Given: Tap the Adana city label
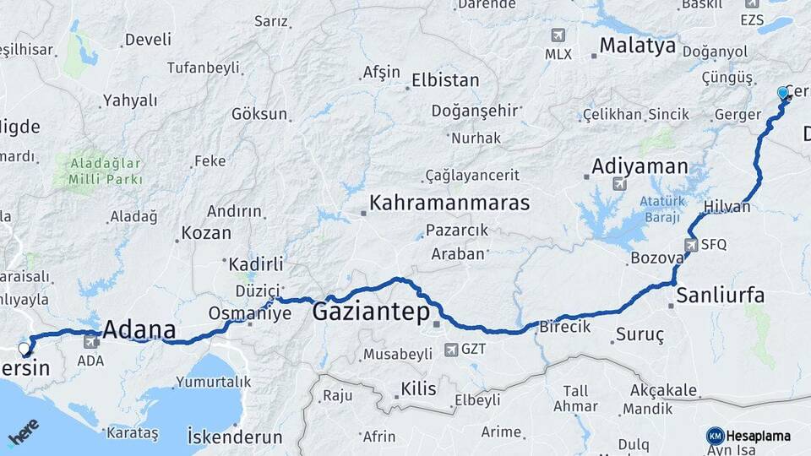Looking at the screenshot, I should point(139,329).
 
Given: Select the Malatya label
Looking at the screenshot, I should point(638,45).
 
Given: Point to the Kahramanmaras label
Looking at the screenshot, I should point(449,204).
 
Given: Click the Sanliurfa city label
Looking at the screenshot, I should point(721,296).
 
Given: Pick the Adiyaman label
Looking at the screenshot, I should point(640,166).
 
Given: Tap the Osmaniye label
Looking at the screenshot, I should point(250,313).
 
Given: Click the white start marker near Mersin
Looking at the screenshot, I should point(24,348).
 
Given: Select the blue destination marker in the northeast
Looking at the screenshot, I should point(783,93).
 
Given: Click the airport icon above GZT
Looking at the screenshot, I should point(449,347).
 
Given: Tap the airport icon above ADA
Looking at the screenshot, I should point(90,342).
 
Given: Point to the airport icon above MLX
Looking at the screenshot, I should point(558,35).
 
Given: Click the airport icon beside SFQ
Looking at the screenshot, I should point(691,244).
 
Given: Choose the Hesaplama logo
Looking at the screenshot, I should point(748,436).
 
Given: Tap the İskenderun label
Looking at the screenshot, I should point(235,436).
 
